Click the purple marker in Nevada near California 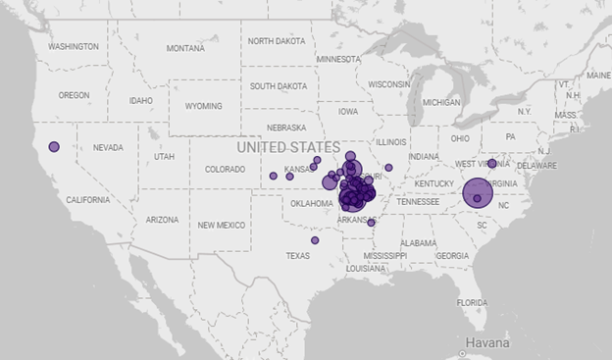[54, 147]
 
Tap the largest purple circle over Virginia [478, 193]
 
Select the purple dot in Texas [315, 240]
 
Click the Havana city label [487, 343]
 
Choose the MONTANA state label [185, 48]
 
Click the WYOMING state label [204, 106]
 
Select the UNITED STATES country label [288, 147]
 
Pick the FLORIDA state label [472, 302]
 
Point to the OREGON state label [74, 95]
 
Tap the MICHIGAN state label [441, 102]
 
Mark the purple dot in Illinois [388, 168]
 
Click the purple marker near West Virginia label [491, 164]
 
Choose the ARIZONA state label [163, 220]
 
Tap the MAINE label [597, 75]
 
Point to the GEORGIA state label [452, 255]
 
